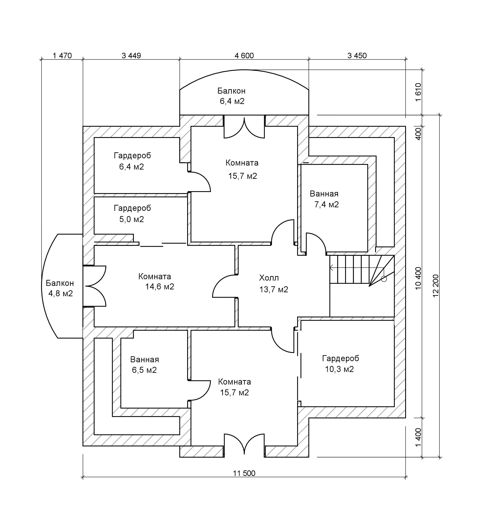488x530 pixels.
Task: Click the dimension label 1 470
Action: (x=62, y=56)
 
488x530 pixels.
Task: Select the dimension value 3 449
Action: (x=131, y=56)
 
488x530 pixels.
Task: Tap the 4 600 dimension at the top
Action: (x=244, y=56)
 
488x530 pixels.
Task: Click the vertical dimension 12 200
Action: (x=435, y=289)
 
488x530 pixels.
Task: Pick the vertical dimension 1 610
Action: (x=418, y=92)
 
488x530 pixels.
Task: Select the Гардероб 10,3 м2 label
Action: (x=340, y=364)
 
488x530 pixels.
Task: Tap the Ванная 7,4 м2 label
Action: (x=325, y=199)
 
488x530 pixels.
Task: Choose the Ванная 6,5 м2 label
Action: (x=144, y=365)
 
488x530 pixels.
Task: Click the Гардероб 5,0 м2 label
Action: (x=132, y=214)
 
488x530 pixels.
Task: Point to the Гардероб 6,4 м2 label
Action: (x=132, y=161)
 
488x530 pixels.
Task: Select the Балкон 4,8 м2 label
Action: (x=60, y=288)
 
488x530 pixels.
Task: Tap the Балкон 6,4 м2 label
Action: (x=232, y=96)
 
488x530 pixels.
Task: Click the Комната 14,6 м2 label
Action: (x=156, y=281)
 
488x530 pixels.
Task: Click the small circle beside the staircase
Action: (x=384, y=279)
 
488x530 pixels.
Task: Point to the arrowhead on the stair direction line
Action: (x=331, y=268)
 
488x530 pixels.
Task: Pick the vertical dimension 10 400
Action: (x=418, y=278)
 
